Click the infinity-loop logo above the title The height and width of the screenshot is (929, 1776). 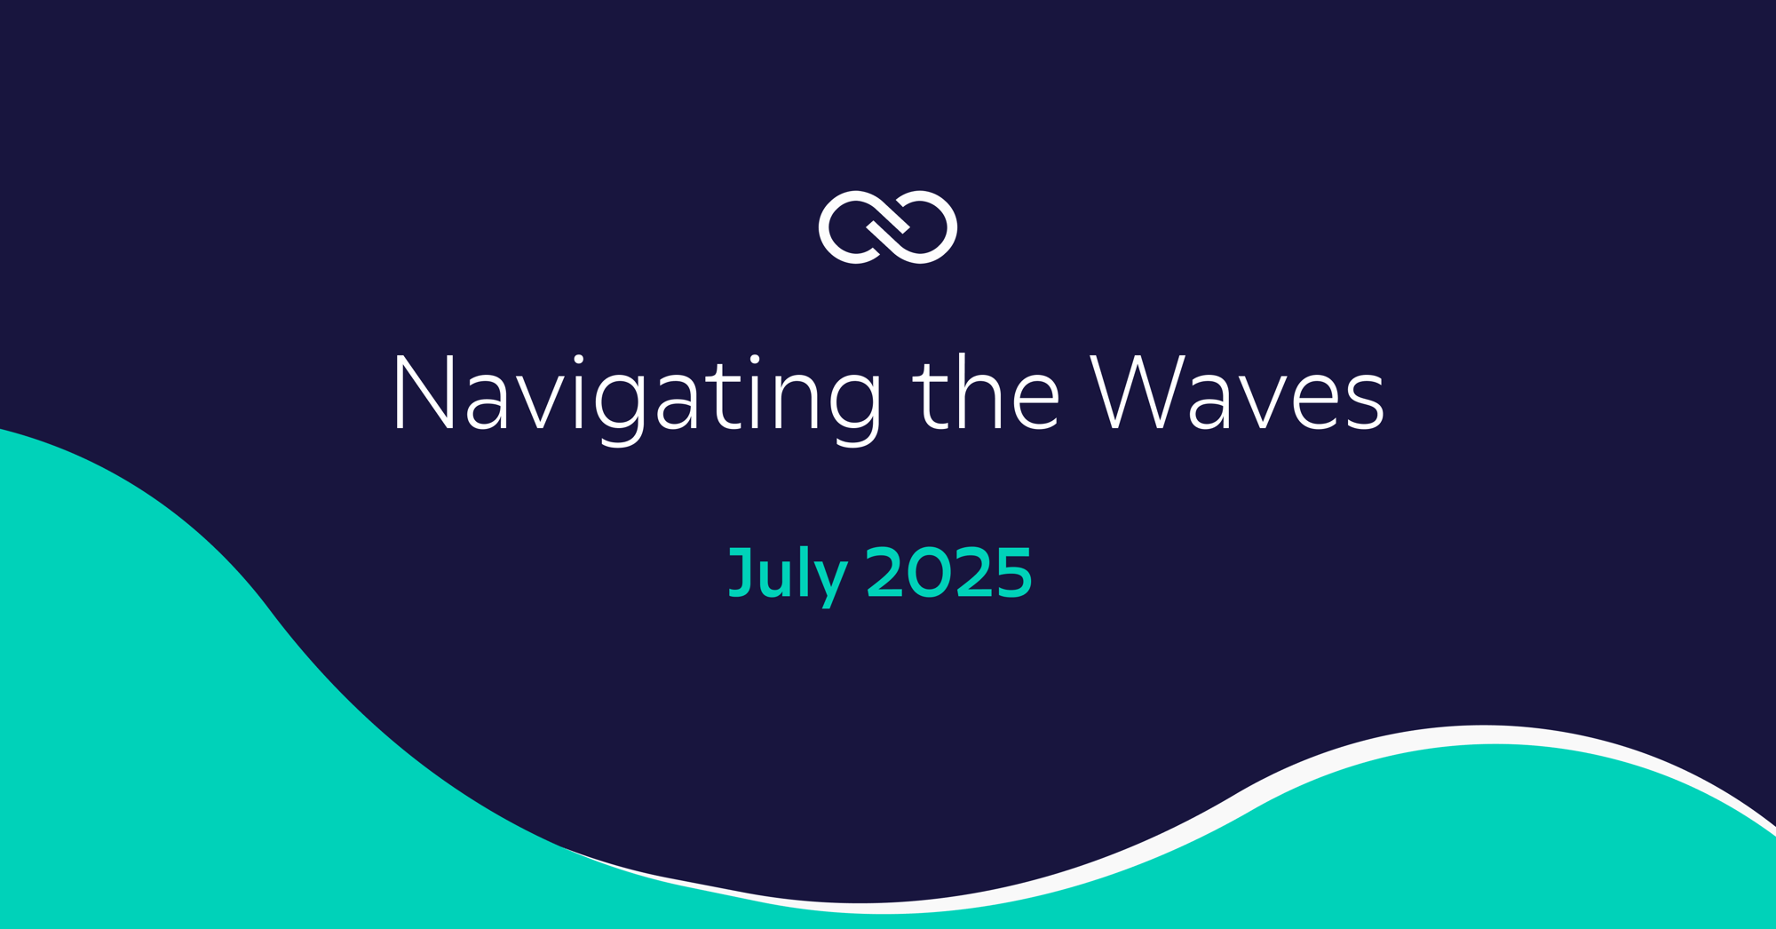point(888,227)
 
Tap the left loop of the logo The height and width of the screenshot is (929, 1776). point(831,227)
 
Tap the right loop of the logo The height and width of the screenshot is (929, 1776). point(945,227)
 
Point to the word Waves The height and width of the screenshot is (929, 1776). point(1237,392)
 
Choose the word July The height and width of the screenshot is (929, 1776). point(788,576)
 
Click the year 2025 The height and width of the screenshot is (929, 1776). point(949,572)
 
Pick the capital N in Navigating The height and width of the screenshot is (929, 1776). point(424,392)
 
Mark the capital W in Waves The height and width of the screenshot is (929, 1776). point(1138,392)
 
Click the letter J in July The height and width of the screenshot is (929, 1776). point(741,572)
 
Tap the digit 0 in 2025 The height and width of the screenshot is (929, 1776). point(930,572)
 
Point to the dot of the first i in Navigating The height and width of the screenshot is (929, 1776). point(578,359)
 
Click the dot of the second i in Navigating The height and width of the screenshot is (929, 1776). point(755,359)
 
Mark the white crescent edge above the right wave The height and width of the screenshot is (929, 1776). point(1501,735)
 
